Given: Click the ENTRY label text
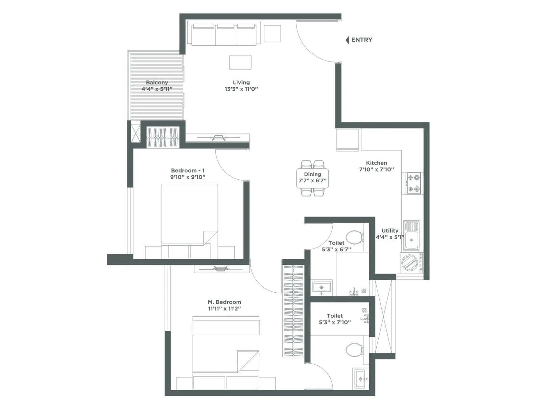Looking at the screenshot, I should pos(361,40).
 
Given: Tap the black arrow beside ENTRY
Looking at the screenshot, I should pos(347,40).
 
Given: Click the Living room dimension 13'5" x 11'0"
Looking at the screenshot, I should pos(241,89).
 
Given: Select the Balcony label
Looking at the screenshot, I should pos(157,82).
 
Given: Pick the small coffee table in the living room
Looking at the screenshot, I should pos(240,63).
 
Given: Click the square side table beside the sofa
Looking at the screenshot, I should pos(272,33).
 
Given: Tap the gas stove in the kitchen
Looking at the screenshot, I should pos(414,183).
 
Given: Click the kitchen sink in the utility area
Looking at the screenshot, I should pos(411,235).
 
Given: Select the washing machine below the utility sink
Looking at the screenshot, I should pos(410,263).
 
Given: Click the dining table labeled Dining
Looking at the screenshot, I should pos(312,178).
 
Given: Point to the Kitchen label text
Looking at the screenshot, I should pos(376,163).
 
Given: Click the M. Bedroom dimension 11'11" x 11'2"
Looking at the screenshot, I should pos(225,309).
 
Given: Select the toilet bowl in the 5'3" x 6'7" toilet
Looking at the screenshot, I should pos(354,237).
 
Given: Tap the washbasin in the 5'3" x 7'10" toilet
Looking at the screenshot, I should pos(361,379).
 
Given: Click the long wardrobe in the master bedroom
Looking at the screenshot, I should pos(293,311).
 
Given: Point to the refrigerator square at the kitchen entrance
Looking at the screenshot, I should pos(347,140).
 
